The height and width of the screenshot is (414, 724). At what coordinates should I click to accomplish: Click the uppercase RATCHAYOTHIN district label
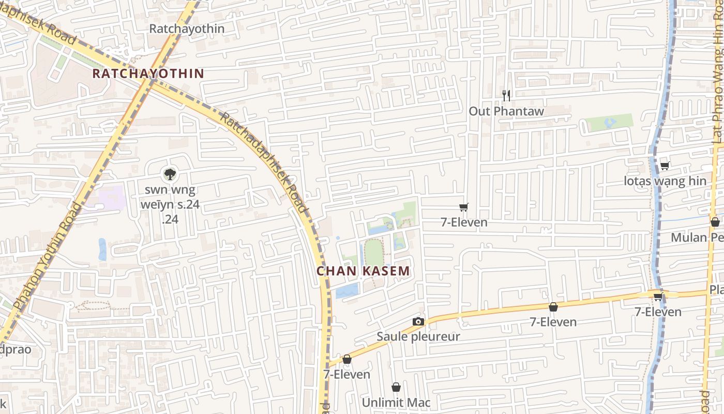pos(148,73)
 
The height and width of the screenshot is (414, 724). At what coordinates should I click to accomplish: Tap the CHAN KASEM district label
pos(363,271)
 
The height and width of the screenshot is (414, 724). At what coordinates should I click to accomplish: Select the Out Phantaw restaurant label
pos(506,111)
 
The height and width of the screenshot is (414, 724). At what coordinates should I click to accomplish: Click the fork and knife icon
pos(506,95)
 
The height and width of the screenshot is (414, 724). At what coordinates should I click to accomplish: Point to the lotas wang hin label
pos(665,181)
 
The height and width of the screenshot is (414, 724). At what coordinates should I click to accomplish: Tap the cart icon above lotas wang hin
pos(665,166)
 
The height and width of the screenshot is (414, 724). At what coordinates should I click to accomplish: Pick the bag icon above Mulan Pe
pos(715,222)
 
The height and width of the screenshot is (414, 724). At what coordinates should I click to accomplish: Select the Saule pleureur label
pos(418,336)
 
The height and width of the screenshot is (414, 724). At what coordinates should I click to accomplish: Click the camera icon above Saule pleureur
pos(418,321)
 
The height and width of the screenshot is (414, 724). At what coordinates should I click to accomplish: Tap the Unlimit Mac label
pos(396,402)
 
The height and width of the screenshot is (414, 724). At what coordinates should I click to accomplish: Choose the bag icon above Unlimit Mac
pos(396,387)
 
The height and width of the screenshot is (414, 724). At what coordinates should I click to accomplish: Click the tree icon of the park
pos(169,173)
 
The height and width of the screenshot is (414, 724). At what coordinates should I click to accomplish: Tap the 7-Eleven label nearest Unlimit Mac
pos(347,374)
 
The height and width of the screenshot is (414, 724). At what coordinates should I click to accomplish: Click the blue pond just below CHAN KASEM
pos(346,291)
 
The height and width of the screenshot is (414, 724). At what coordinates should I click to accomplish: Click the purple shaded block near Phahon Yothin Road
pos(110,198)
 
